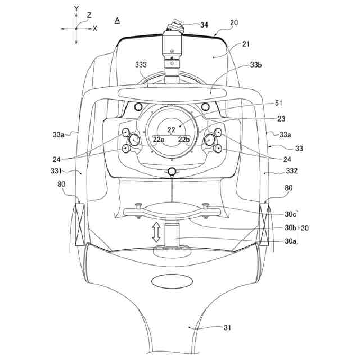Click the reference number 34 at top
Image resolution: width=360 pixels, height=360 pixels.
204,25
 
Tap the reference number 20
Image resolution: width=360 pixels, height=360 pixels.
234,23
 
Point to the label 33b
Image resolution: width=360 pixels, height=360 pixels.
256,65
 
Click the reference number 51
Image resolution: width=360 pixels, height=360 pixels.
263,103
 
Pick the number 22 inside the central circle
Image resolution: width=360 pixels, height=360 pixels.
172,129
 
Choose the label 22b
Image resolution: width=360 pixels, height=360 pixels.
184,139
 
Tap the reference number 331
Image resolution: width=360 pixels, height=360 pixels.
74,170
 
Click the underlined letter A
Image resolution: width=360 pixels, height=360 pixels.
117,20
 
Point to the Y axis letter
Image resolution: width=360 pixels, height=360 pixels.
76,10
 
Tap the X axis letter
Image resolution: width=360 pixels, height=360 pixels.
94,28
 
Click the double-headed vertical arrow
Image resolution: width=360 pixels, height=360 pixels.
156,232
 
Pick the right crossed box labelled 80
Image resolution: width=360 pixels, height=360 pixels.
264,224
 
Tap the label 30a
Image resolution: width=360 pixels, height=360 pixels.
290,241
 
